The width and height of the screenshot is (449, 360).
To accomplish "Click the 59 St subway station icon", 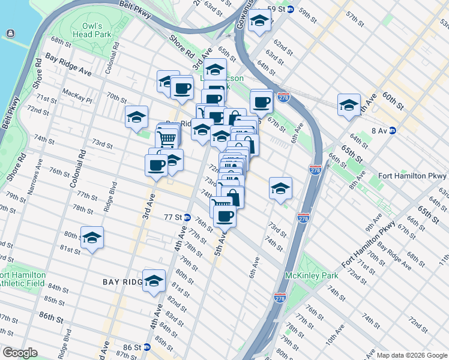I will [x=289, y=9].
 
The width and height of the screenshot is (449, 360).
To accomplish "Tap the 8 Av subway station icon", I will [x=393, y=130].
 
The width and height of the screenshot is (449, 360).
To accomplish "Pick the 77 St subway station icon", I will [x=187, y=217].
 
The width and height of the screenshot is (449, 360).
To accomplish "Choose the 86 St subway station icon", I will [x=146, y=347].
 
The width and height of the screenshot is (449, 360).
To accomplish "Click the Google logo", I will [x=19, y=353].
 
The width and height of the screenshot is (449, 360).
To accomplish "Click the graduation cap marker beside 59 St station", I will [x=259, y=22].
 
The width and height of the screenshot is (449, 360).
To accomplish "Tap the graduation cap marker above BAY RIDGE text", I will [x=154, y=280].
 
